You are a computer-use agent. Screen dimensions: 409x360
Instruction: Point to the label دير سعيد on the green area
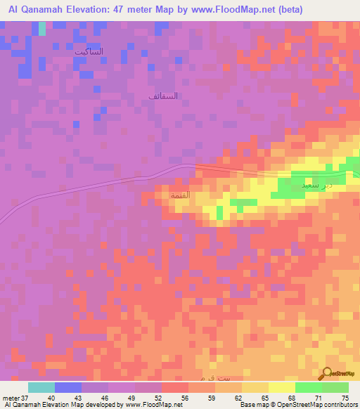click(x=315, y=184)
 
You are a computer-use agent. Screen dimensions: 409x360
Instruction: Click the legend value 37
click(x=23, y=398)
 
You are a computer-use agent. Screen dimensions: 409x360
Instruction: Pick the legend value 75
click(x=345, y=398)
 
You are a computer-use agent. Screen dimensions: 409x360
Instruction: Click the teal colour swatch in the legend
click(x=41, y=387)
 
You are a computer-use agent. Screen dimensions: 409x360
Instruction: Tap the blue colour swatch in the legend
click(x=68, y=387)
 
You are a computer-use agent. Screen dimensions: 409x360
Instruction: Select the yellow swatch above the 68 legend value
click(x=281, y=387)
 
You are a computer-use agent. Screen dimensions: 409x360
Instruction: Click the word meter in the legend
click(x=10, y=398)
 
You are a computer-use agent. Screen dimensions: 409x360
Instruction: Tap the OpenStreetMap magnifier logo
click(x=326, y=374)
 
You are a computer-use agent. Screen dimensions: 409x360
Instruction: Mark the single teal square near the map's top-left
click(x=41, y=28)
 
